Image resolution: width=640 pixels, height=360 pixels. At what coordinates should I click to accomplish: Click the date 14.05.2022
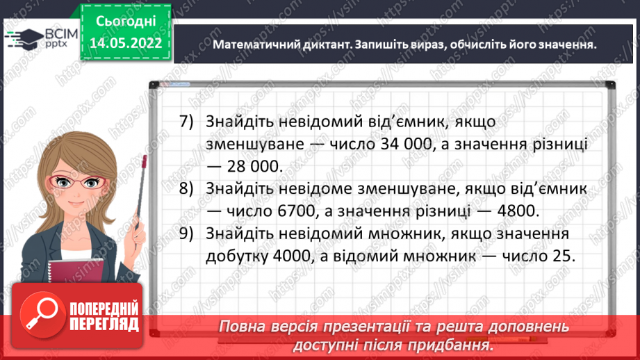point(126,44)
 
